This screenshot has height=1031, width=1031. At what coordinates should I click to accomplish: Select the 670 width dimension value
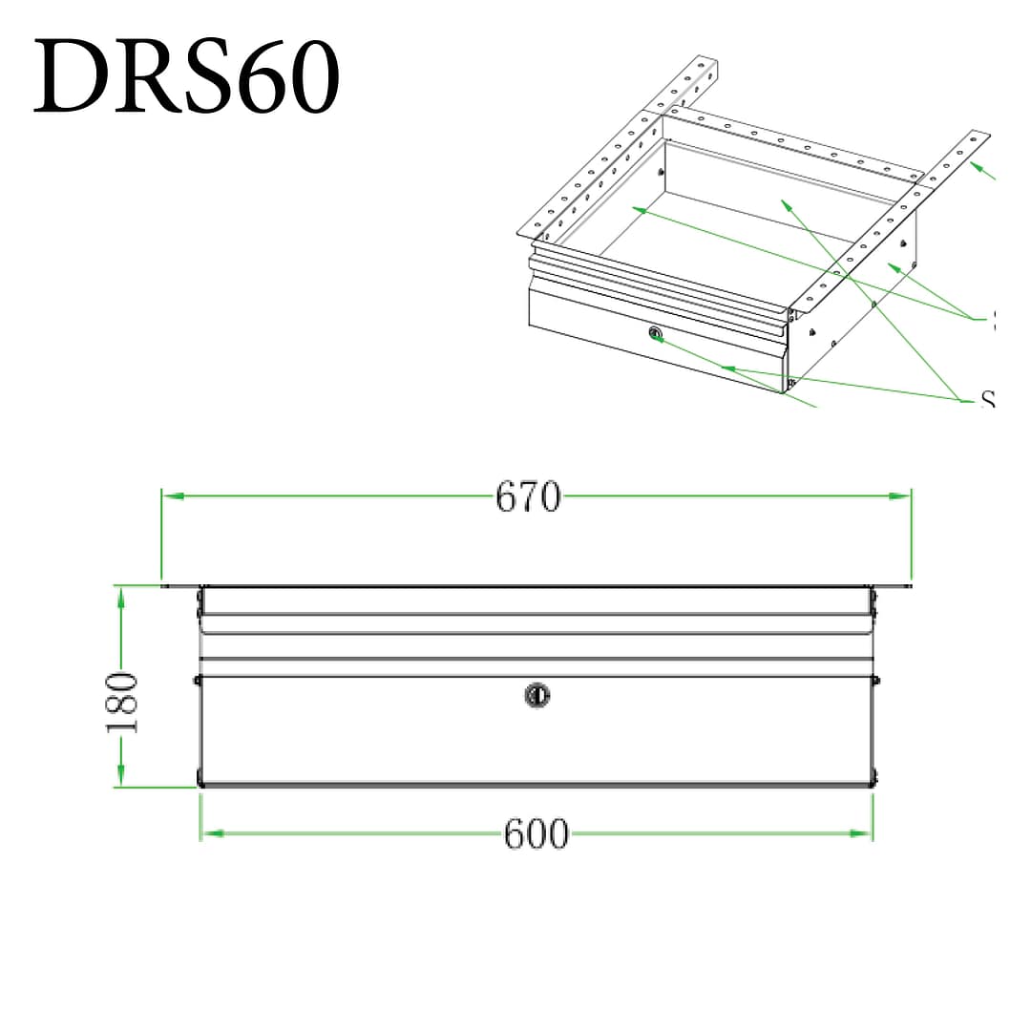(528, 496)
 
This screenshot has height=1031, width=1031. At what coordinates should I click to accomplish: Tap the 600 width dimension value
(536, 834)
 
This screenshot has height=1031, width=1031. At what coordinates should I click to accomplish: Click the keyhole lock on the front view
(537, 695)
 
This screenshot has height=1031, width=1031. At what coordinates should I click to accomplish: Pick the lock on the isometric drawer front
(655, 333)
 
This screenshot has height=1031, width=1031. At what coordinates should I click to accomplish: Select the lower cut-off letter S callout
(988, 400)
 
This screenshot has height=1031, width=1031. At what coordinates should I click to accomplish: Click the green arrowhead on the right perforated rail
(975, 166)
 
